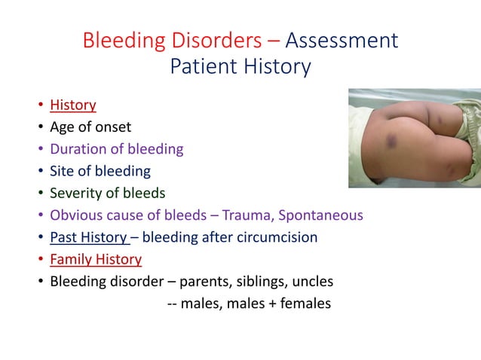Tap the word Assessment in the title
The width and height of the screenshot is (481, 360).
[x=342, y=40]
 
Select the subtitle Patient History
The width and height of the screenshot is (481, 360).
[x=240, y=67]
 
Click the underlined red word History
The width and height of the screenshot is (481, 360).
[x=73, y=105]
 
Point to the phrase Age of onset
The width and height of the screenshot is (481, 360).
[x=90, y=127]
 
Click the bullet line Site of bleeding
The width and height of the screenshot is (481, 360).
[x=100, y=171]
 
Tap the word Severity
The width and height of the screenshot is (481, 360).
[x=75, y=194]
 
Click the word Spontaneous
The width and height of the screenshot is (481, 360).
[x=320, y=215]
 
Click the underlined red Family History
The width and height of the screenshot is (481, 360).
[x=96, y=260]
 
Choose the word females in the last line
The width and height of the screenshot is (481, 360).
[x=305, y=304]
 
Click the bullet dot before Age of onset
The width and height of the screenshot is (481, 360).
[x=38, y=127]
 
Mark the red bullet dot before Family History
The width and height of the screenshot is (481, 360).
[x=38, y=261]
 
